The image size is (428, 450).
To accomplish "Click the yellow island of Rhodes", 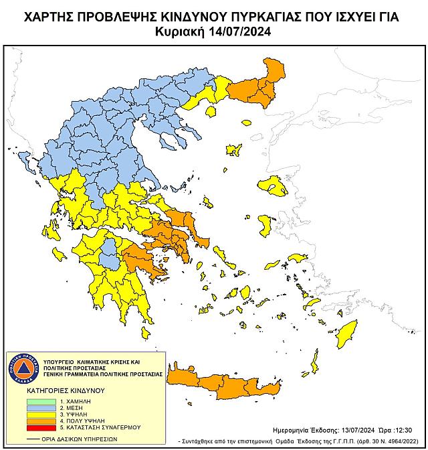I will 346,332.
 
